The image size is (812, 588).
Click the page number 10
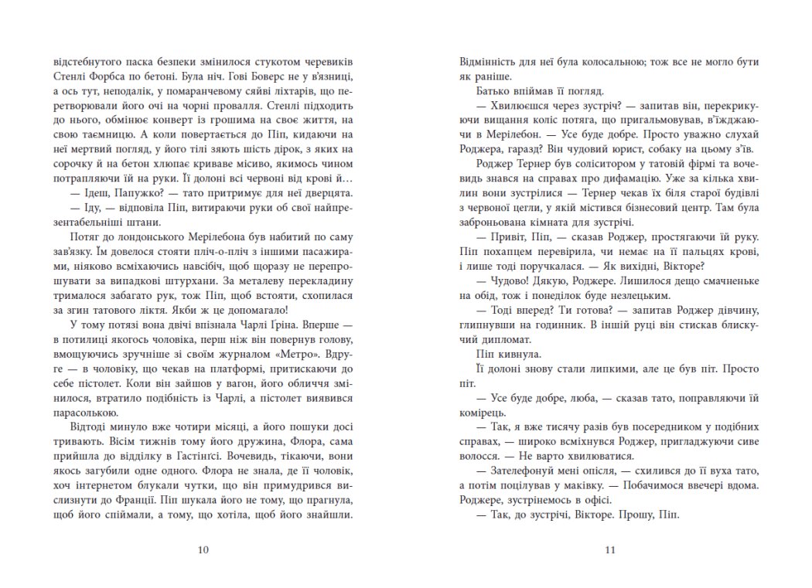point(203,550)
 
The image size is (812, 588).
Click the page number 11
point(609,550)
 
